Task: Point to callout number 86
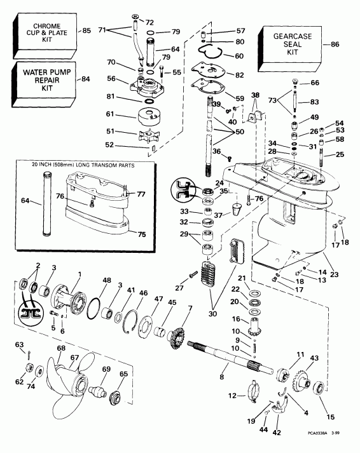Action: tap(336, 44)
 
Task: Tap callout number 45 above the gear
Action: tap(172, 302)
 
